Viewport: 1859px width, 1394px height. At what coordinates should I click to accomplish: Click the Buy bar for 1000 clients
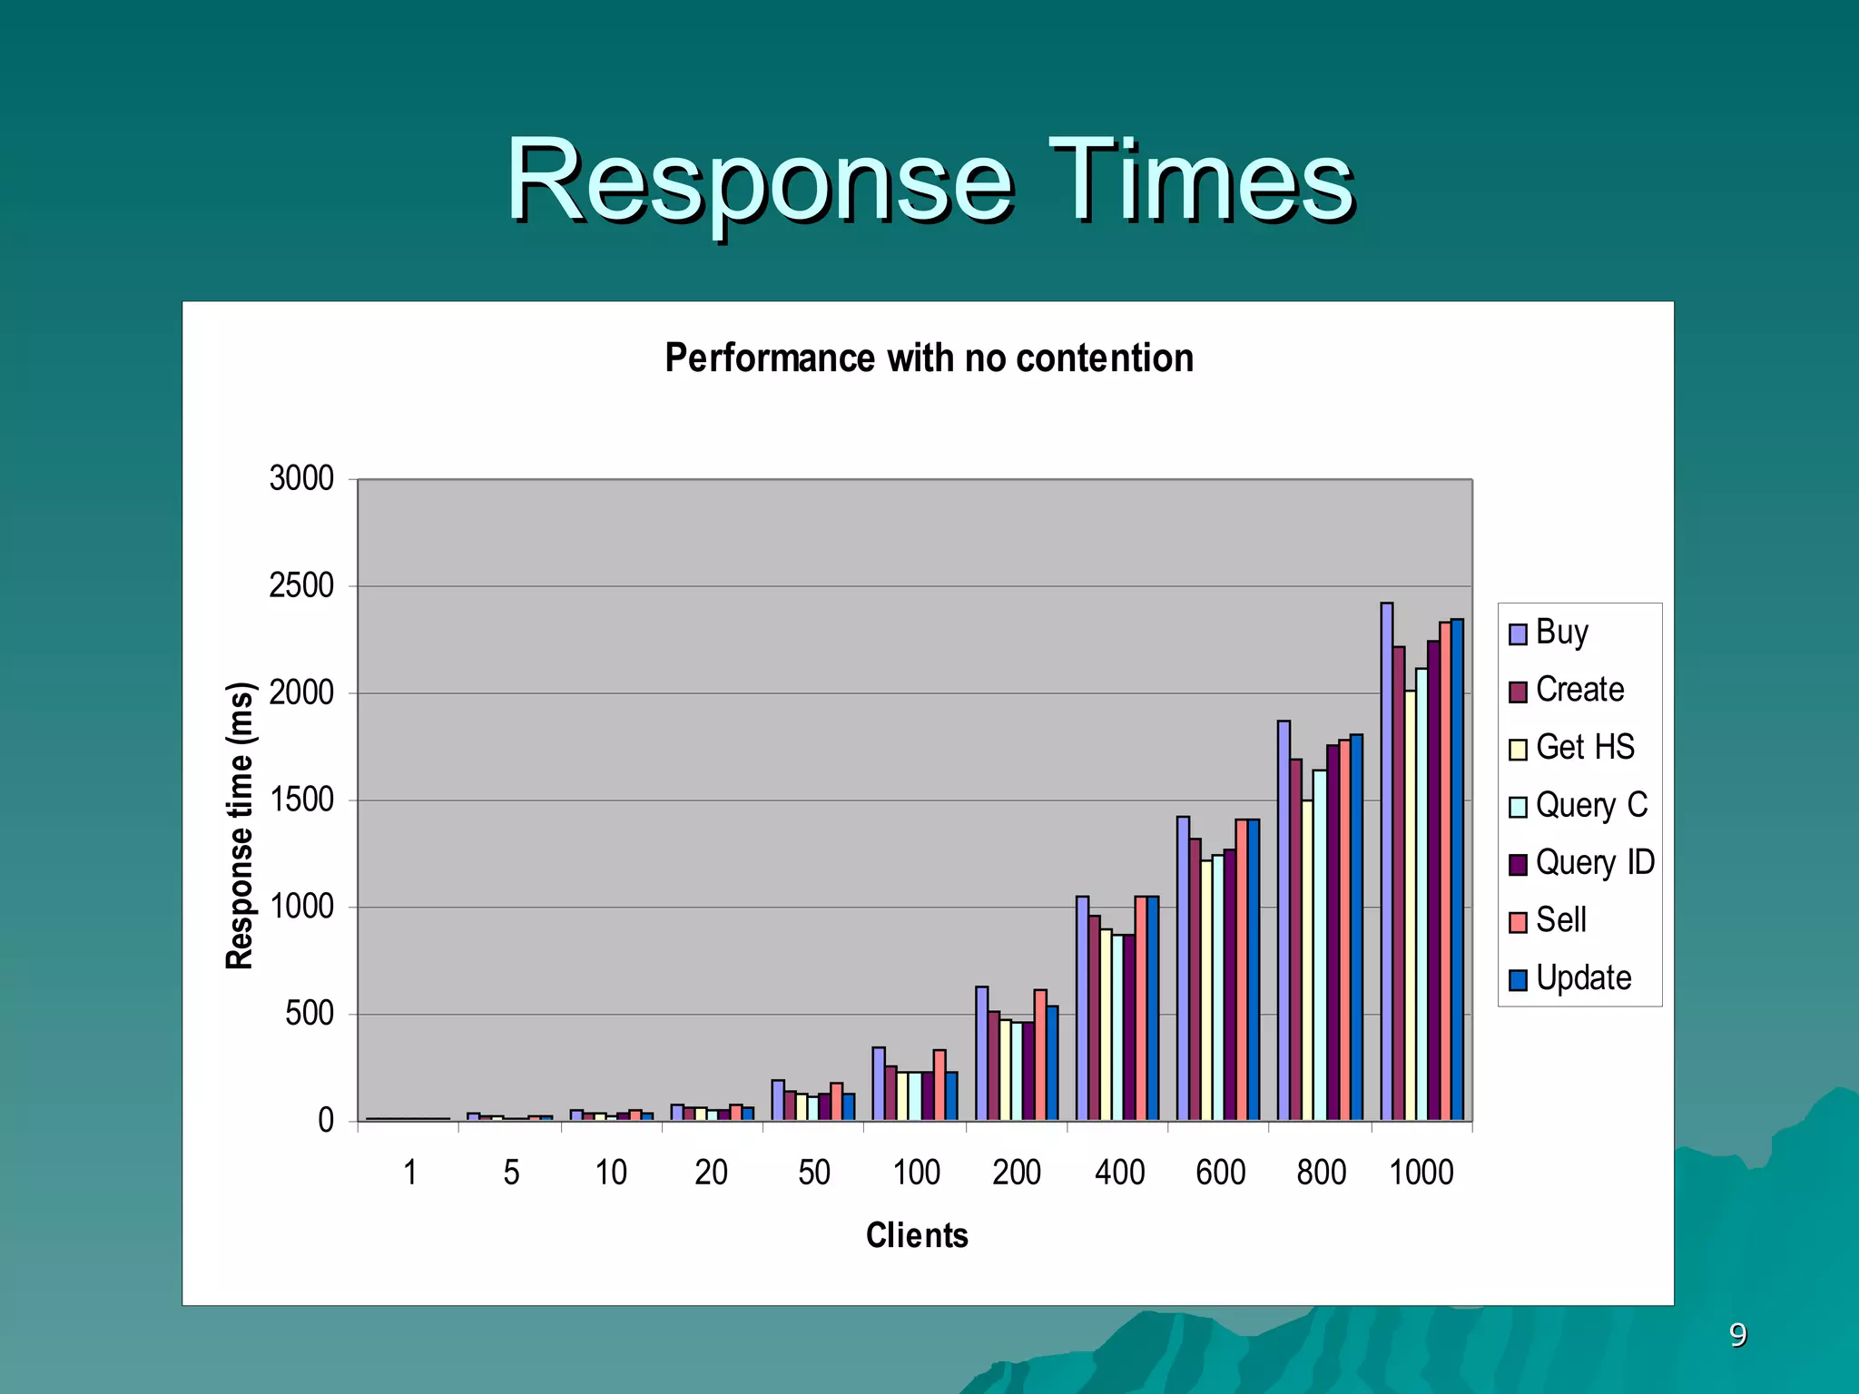tap(1386, 862)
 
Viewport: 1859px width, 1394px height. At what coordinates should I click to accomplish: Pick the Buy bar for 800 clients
tap(1284, 920)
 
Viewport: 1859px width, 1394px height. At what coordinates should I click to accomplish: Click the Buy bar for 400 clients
tap(1082, 1007)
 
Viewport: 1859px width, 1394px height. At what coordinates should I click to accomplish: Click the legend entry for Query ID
tap(1581, 863)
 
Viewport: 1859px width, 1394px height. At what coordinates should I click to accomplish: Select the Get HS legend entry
tap(1572, 748)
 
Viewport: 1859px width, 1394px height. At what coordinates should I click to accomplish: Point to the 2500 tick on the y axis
tap(301, 586)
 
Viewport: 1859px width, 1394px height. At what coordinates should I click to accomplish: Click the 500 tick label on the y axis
tap(310, 1014)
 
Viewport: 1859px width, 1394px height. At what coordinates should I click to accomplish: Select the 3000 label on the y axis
tap(301, 479)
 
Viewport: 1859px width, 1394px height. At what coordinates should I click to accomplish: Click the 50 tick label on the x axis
tap(814, 1173)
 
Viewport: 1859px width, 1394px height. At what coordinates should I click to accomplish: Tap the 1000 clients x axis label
tap(1421, 1173)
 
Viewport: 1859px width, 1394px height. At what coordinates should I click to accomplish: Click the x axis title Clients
tap(917, 1235)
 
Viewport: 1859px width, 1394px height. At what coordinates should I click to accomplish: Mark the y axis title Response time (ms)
tap(240, 826)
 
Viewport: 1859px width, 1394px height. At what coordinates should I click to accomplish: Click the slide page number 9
tap(1737, 1335)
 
